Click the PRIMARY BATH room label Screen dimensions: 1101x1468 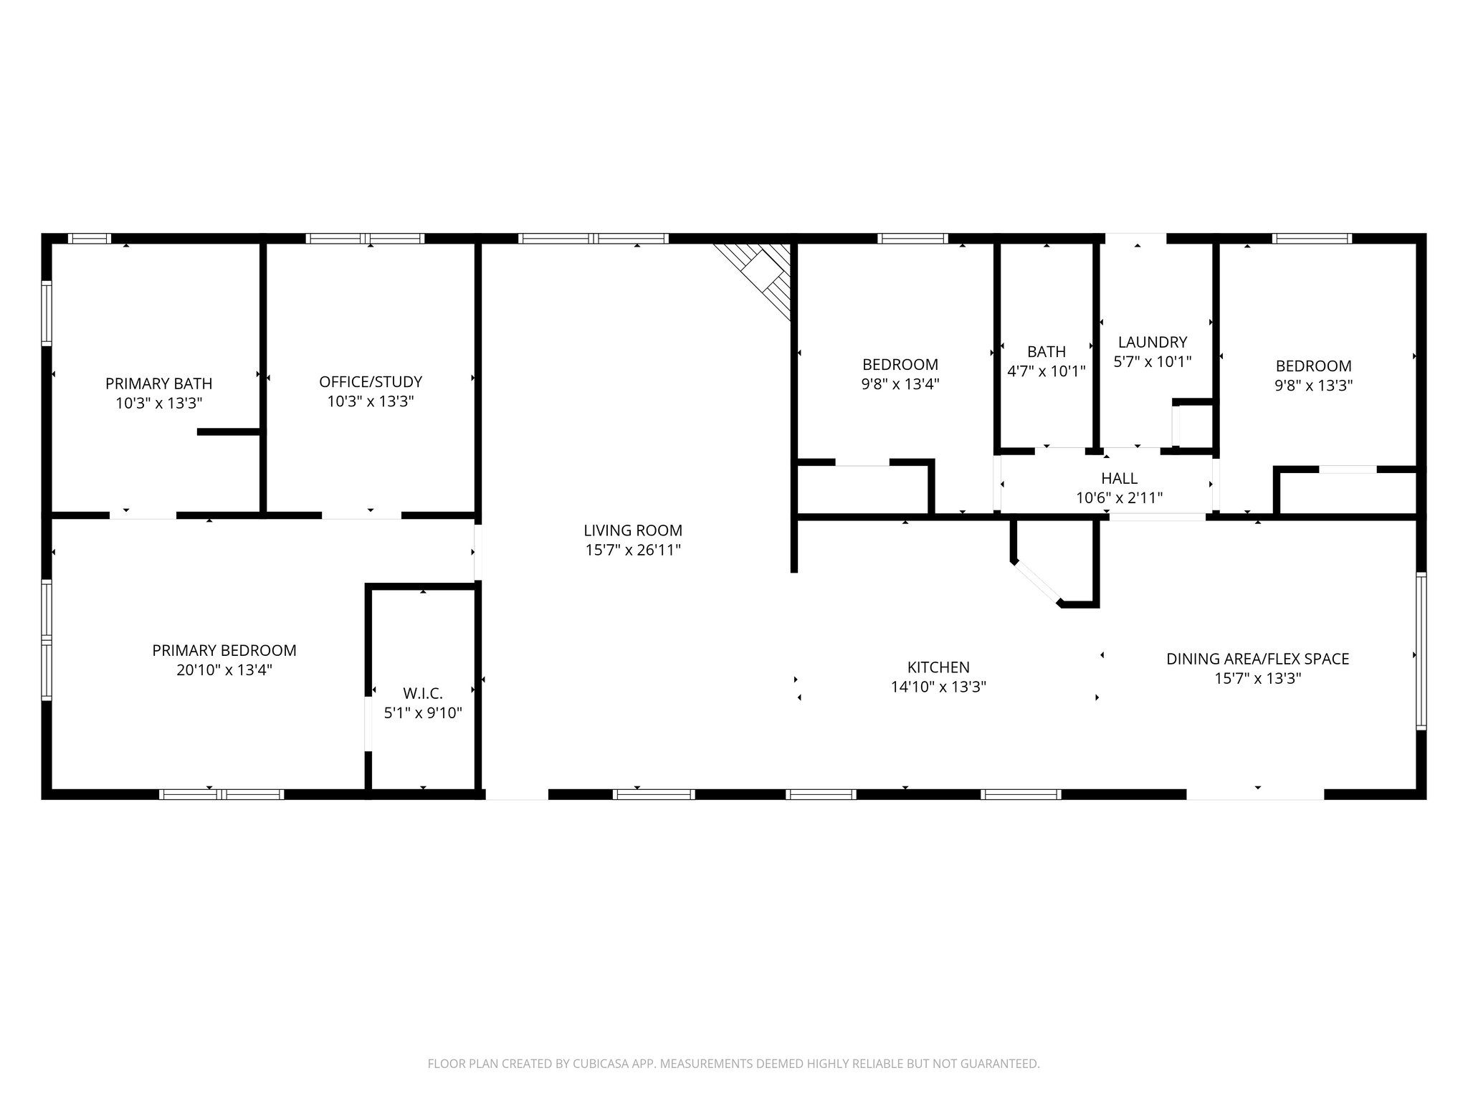(x=158, y=383)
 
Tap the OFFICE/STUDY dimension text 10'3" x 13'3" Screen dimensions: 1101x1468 (x=370, y=401)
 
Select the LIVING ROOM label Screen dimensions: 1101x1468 (x=632, y=530)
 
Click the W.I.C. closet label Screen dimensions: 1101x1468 (x=423, y=693)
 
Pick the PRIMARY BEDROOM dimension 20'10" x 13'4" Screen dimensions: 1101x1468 (x=224, y=670)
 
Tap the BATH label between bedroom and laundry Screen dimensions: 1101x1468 (x=1046, y=352)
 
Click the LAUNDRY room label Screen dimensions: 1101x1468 (x=1152, y=342)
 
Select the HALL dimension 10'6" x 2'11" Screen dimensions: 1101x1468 (x=1118, y=497)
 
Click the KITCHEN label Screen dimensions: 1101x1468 (x=938, y=667)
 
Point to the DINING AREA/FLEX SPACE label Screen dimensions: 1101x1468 (x=1257, y=659)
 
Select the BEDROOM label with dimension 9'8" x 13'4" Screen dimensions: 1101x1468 (x=900, y=364)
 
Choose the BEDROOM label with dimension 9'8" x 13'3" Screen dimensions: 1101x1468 (x=1312, y=366)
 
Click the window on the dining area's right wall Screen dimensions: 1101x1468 (x=1421, y=651)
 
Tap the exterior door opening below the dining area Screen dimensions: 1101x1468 (x=1254, y=793)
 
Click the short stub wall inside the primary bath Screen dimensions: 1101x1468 (x=229, y=432)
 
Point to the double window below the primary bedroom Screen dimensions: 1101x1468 (x=221, y=793)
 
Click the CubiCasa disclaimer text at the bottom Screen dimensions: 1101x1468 (x=733, y=1064)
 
